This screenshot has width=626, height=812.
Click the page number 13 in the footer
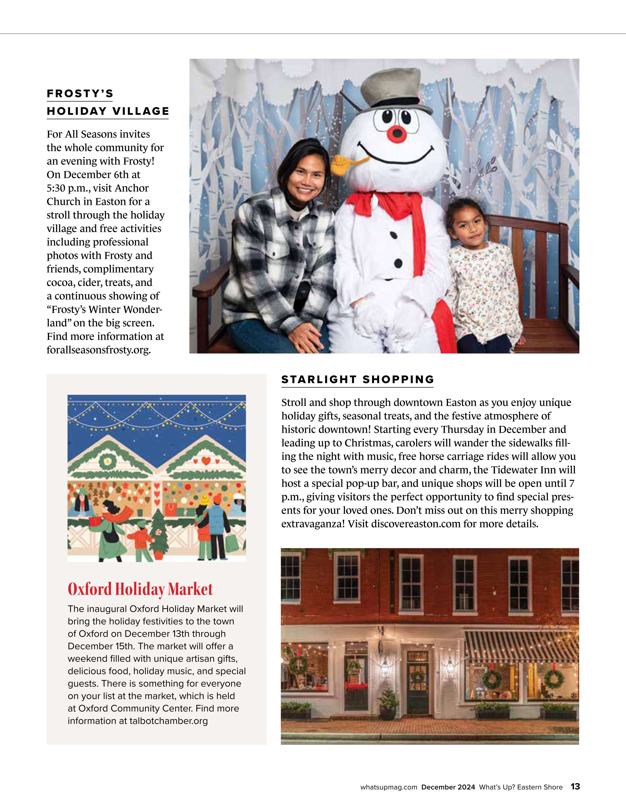[575, 786]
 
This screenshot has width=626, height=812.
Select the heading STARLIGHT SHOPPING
[358, 380]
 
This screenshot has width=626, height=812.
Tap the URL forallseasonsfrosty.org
[99, 350]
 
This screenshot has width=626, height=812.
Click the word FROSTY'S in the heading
[80, 94]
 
